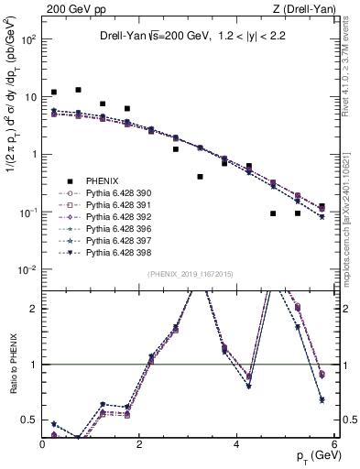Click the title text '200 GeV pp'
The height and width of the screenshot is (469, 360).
click(x=70, y=8)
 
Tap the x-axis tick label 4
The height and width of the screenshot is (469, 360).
click(x=237, y=446)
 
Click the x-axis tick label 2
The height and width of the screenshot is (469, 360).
click(x=139, y=446)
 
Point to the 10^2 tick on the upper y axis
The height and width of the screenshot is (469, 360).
click(x=27, y=39)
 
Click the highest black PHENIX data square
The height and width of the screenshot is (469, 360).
click(x=79, y=90)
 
